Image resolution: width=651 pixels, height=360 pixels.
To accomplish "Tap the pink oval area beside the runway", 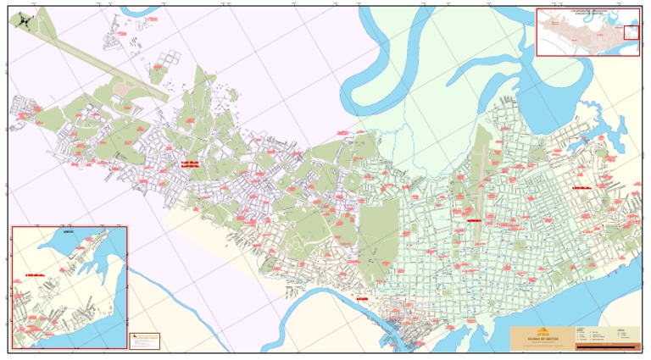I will pyautogui.click(x=120, y=87).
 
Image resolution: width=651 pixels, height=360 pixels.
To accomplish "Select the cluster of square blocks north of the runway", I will pyautogui.click(x=170, y=59).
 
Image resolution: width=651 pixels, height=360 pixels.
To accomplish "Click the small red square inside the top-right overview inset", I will pyautogui.click(x=631, y=32).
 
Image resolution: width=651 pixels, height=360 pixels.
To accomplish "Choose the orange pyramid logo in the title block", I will pyautogui.click(x=543, y=331).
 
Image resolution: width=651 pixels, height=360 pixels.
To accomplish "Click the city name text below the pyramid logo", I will pyautogui.click(x=543, y=339).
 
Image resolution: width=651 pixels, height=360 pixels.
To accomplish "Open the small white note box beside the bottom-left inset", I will pyautogui.click(x=144, y=340).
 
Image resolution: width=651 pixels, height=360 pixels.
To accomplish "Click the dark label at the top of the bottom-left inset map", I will pyautogui.click(x=69, y=230).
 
